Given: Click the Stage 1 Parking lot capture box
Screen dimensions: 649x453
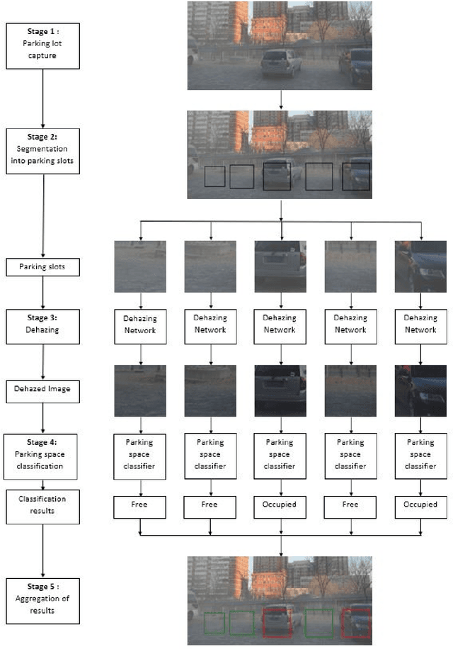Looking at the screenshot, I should coord(44,45).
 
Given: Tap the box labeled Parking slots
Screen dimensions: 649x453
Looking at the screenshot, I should coord(44,267).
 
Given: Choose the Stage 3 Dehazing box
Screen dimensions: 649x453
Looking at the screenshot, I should coord(44,325).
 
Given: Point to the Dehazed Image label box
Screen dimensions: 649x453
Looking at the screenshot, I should coord(44,388).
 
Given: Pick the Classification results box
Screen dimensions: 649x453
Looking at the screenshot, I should coord(44,504).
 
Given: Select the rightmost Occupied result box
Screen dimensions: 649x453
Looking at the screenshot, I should coord(421,507).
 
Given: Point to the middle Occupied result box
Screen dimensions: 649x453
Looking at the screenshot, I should coord(281,507).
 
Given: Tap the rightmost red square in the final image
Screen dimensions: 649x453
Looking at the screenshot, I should coord(355,623).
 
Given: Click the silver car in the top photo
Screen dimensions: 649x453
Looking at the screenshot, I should coord(282,64).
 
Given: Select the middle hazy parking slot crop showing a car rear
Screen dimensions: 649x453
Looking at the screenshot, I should coord(281,266).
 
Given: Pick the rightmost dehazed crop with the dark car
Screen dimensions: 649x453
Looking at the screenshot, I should coord(421,390).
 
